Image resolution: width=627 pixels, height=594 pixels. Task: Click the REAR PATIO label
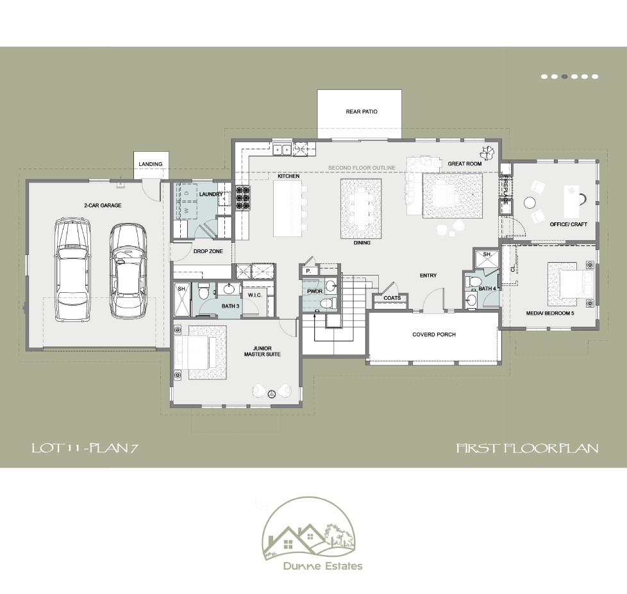[x=362, y=111]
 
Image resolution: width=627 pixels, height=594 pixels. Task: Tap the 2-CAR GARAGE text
[x=103, y=206]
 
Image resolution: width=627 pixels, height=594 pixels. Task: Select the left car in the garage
[x=72, y=269]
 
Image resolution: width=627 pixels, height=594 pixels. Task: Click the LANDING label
[x=151, y=165]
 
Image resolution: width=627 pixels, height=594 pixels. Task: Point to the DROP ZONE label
[x=208, y=251]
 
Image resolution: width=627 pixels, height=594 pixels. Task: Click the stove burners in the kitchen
[x=242, y=198]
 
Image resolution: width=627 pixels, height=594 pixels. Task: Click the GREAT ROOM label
[x=465, y=164]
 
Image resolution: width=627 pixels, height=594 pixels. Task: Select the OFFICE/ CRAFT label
[x=569, y=224]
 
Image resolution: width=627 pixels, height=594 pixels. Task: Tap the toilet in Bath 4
[x=475, y=280]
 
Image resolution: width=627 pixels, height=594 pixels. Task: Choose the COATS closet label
[x=392, y=298]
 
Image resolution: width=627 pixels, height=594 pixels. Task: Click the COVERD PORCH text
[x=434, y=334]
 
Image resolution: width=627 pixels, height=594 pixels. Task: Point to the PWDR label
[x=315, y=291]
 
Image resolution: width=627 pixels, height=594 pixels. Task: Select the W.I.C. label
[x=253, y=295]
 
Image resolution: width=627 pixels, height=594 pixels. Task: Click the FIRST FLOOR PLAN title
[x=527, y=448]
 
